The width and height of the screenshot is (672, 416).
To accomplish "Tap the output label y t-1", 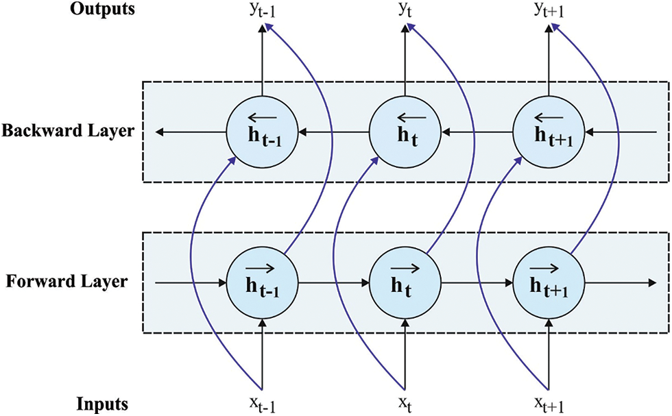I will [x=261, y=14].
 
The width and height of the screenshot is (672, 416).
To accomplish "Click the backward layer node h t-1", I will [x=261, y=131].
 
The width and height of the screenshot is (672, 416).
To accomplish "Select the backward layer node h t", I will [x=405, y=131].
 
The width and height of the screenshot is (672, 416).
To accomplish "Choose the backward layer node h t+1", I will [x=549, y=131].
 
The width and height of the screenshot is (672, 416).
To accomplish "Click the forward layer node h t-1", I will [x=261, y=282].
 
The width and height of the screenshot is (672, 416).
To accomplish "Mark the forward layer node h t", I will [x=405, y=282].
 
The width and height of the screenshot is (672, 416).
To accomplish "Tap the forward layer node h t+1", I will [x=549, y=282].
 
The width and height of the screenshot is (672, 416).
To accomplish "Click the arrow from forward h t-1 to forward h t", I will [x=333, y=282].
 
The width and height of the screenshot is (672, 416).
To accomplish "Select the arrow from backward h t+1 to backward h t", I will [x=477, y=131].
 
